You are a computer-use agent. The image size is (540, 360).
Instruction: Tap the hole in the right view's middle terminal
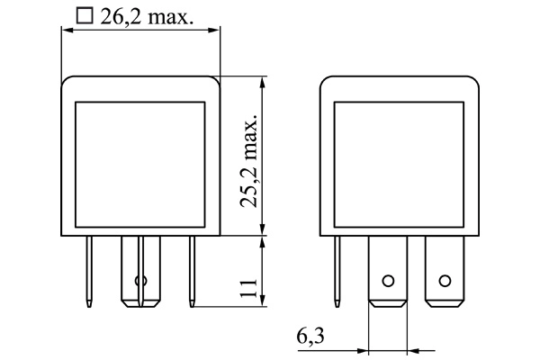pyautogui.click(x=388, y=280)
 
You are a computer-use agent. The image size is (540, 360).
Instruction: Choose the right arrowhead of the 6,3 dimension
pyautogui.click(x=411, y=349)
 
